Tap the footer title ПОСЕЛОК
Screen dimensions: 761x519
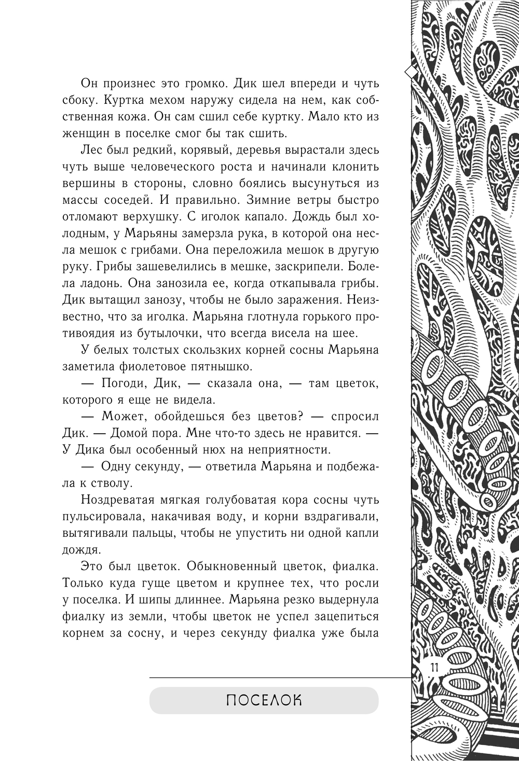(264, 700)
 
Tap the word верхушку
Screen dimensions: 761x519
(141, 217)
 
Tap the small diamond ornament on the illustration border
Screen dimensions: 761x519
(411, 72)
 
